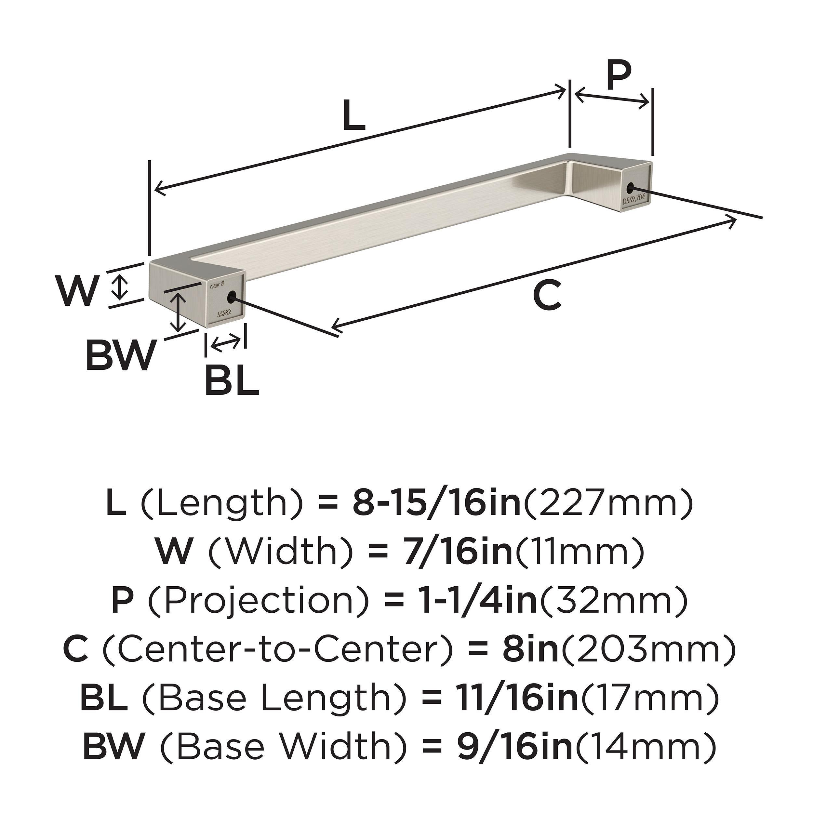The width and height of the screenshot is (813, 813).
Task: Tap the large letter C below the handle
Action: [x=547, y=296]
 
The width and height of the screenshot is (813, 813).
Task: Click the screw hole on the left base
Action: [x=231, y=298]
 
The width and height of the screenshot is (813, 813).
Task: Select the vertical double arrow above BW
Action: [x=180, y=312]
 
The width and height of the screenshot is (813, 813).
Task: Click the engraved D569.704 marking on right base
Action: [x=636, y=199]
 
